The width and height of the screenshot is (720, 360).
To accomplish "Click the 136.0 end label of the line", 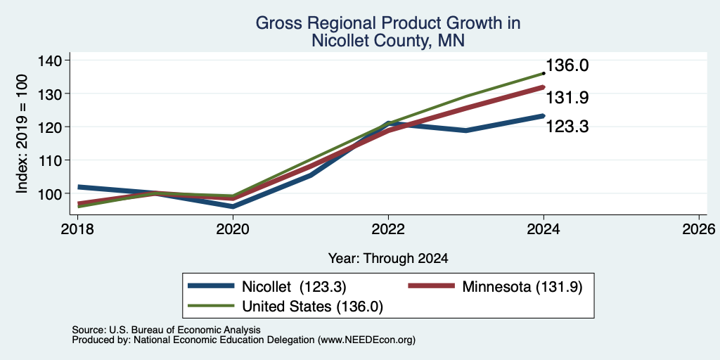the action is pos(567,65).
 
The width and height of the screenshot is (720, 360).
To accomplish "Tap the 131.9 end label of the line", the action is pos(567,97).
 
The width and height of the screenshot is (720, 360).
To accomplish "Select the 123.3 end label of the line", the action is pos(567,127).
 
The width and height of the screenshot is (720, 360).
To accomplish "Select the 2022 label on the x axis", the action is pos(388,229).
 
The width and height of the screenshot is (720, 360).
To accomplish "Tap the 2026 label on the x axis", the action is pos(698,229).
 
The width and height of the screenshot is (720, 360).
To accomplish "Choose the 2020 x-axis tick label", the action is pos(233,229).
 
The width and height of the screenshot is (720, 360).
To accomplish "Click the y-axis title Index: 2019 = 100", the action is pos(22,134).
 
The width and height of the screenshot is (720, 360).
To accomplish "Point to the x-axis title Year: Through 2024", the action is pos(388,259).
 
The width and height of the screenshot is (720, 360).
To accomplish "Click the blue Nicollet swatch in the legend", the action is pos(211,286).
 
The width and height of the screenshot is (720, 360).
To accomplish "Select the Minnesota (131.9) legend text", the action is pos(522,287).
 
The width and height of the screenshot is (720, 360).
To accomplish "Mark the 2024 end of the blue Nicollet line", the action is pos(544,116).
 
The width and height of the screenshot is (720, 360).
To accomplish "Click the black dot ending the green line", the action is pos(544,73).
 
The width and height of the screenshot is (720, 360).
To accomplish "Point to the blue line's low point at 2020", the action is pos(233,206).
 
